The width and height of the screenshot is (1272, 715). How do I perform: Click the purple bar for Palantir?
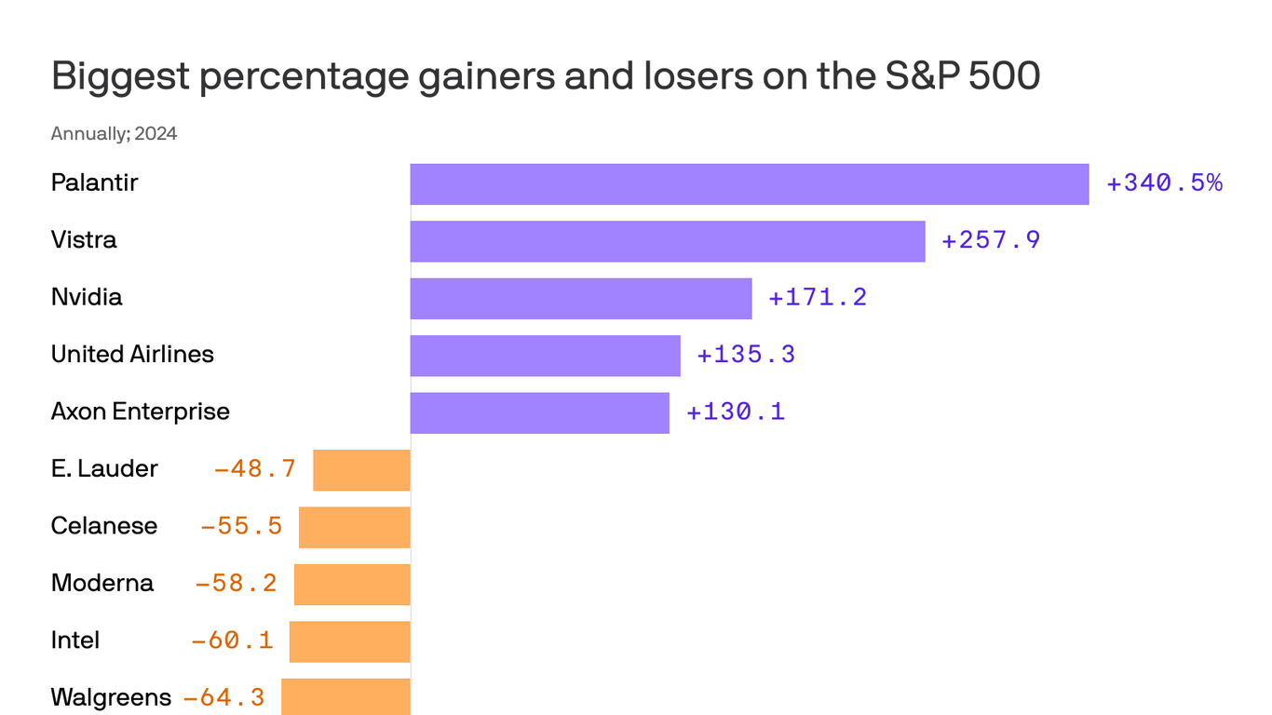pos(750,184)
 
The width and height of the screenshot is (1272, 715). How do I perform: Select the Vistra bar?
pos(668,241)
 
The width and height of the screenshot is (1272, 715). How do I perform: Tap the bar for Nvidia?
pos(581,299)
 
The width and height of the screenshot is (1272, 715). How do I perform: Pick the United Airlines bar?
pos(545,356)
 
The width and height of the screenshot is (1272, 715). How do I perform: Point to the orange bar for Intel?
pos(350,641)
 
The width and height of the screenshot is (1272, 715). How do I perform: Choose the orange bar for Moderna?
pos(352,585)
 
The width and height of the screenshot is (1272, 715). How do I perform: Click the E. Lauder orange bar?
pos(361,470)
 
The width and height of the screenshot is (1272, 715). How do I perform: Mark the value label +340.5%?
pos(1164,183)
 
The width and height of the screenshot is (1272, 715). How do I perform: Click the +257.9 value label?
pos(991,241)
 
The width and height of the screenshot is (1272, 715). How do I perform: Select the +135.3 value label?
pos(746,356)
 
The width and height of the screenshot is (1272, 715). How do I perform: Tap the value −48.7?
pos(255,469)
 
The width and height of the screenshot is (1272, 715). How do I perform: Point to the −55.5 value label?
pos(241,527)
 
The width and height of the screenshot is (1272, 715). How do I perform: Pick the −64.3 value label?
pos(223,697)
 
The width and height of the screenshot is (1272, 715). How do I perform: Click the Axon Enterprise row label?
pos(140,411)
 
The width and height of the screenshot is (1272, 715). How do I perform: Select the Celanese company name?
pos(104,526)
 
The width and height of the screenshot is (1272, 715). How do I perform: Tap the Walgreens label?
pos(111,697)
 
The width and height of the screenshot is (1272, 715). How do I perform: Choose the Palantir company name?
pos(94,182)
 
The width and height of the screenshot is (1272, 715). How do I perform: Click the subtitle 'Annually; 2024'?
pos(114,134)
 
